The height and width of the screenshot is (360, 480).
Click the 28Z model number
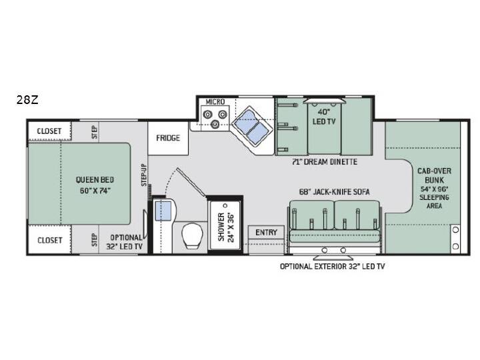(27, 100)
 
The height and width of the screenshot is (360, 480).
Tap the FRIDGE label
(168, 138)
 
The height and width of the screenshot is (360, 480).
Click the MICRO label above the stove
(215, 101)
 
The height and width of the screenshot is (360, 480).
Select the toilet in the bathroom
(192, 236)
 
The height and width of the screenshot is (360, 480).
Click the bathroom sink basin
(163, 211)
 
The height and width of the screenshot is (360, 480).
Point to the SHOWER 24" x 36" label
(225, 227)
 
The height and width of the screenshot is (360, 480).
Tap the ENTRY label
(266, 233)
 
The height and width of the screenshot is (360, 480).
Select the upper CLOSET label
(49, 131)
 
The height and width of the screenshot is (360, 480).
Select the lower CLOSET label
(49, 240)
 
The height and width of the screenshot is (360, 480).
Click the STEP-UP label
(144, 175)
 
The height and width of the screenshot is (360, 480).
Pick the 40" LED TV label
(324, 117)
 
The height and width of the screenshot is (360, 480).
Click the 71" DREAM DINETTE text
(325, 161)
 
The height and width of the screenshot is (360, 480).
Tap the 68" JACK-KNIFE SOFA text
(334, 192)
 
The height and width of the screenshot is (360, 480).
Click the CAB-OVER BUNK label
(434, 175)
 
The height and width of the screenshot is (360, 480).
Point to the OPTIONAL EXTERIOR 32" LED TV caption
(332, 266)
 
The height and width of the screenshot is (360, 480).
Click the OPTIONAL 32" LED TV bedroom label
(125, 242)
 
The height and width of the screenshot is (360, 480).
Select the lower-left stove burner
(207, 115)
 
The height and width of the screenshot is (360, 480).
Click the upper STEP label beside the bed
(94, 132)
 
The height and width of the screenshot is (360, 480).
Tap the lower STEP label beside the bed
(94, 240)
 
